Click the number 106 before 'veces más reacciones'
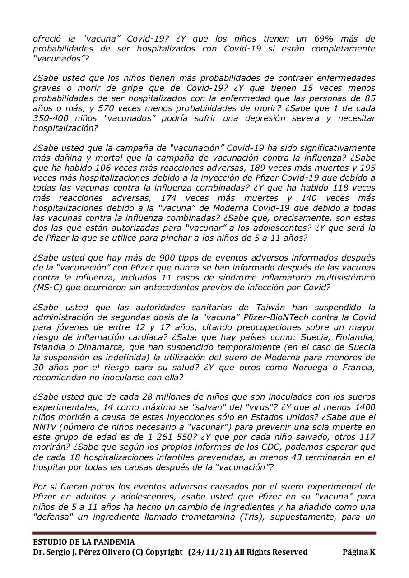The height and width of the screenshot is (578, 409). pyautogui.click(x=102, y=168)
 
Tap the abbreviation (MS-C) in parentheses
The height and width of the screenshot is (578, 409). pyautogui.click(x=48, y=288)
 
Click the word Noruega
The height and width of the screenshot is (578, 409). pyautogui.click(x=302, y=367)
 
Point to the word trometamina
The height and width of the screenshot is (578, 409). pyautogui.click(x=231, y=516)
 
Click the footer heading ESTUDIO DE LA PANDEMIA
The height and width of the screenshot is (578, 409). pyautogui.click(x=84, y=542)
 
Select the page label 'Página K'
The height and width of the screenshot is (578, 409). pyautogui.click(x=358, y=552)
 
